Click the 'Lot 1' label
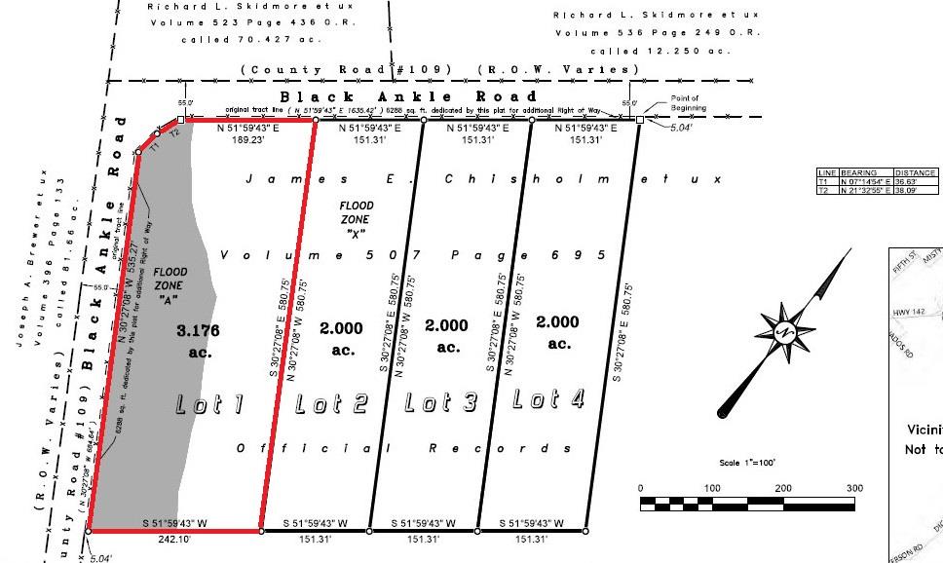208,404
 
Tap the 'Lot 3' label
440,401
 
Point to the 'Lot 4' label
549,398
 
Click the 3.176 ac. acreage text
198,341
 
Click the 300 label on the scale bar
854,488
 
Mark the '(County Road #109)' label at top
346,69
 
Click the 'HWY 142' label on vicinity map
907,313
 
